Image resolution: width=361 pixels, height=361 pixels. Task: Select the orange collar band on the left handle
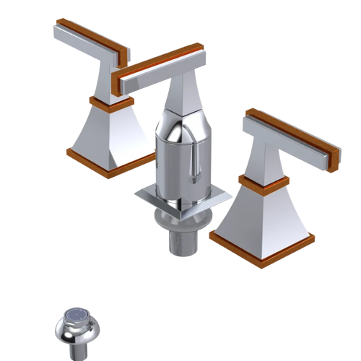point(108,102)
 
